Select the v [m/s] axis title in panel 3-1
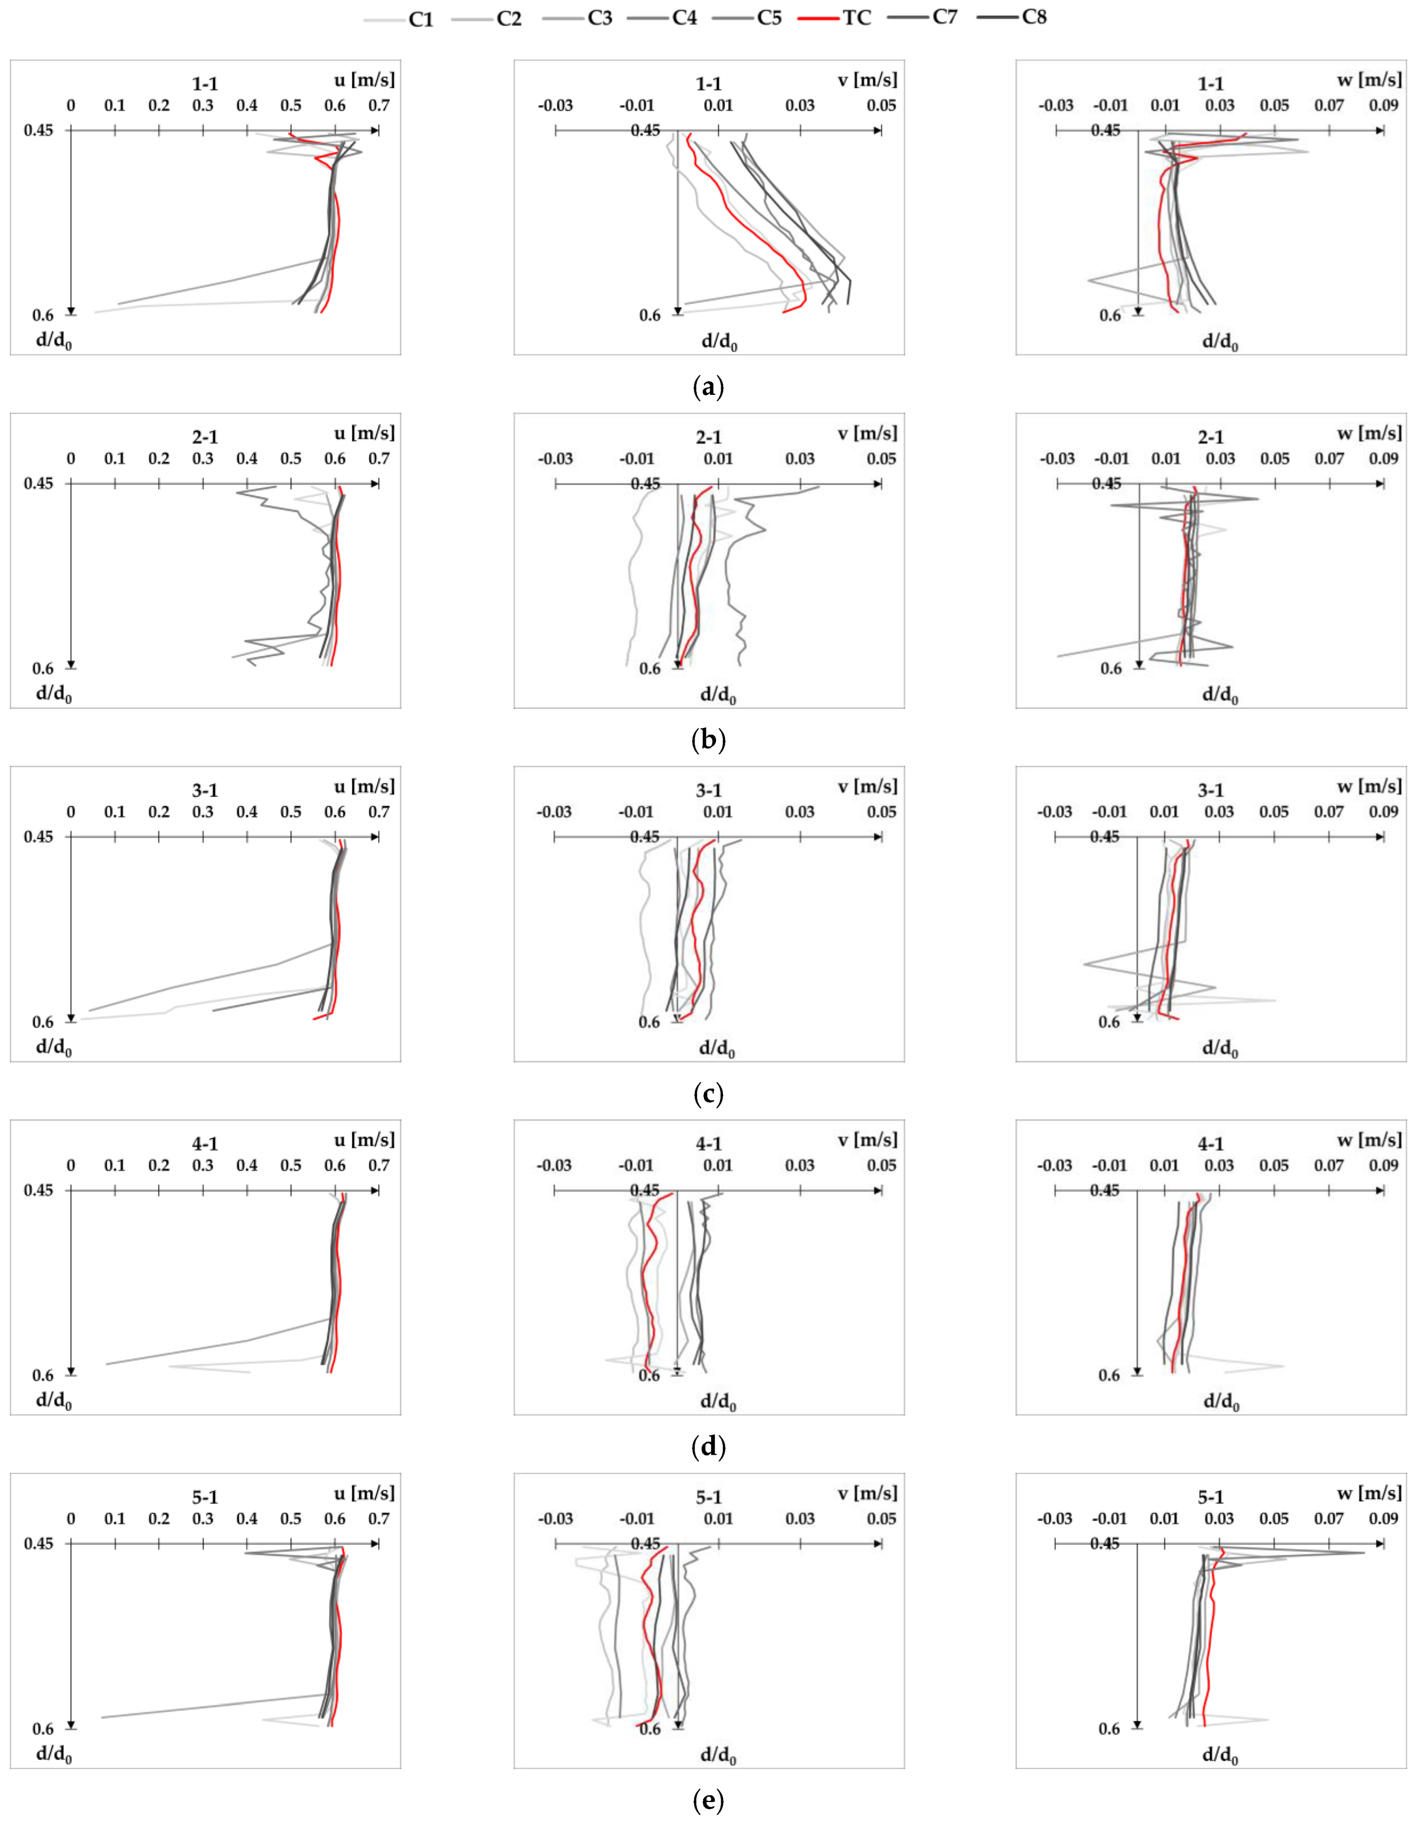click(868, 786)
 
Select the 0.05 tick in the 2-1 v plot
click(881, 459)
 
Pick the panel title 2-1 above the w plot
click(1210, 437)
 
